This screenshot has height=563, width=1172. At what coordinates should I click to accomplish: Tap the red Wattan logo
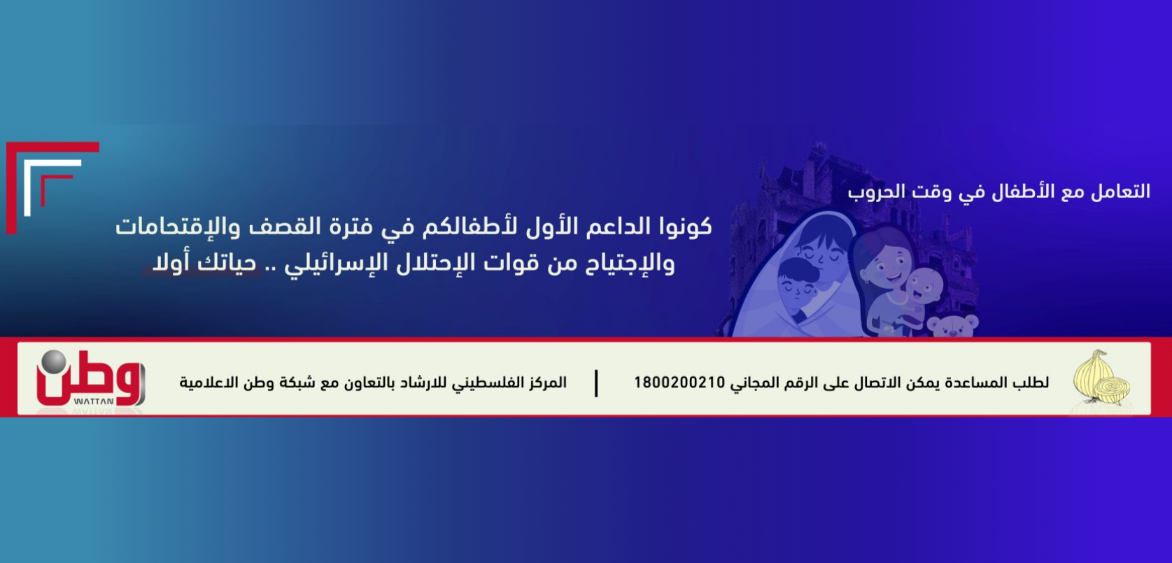[90, 378]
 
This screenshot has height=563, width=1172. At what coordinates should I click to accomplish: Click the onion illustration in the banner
[1101, 378]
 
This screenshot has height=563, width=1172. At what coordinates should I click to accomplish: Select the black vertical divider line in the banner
[596, 383]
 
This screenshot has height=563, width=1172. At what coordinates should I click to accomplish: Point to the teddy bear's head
[952, 326]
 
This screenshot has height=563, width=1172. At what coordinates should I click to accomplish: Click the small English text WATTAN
[94, 401]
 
